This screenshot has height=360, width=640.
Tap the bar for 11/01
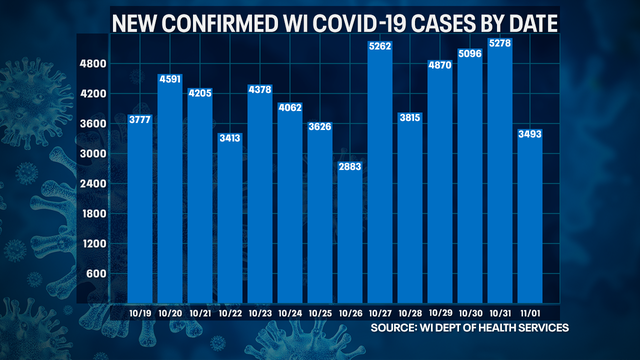(x=530, y=220)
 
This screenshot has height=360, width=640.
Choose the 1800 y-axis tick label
(x=93, y=213)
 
